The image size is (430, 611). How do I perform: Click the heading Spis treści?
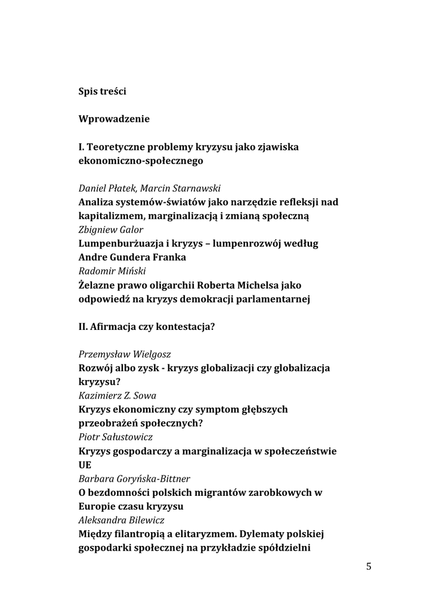103,92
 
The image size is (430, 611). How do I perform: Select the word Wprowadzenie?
114,119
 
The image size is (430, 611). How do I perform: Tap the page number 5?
369,567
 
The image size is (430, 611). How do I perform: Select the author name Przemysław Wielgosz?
128,354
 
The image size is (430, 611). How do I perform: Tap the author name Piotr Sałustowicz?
116,437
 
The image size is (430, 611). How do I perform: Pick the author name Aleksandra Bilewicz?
122,520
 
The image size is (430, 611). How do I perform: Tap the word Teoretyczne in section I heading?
120,147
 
